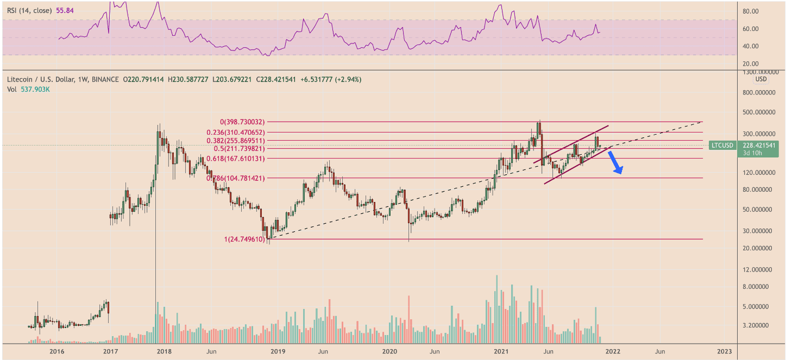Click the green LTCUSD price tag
(722, 146)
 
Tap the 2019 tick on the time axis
(278, 351)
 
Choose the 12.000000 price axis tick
(759, 269)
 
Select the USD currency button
(761, 79)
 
